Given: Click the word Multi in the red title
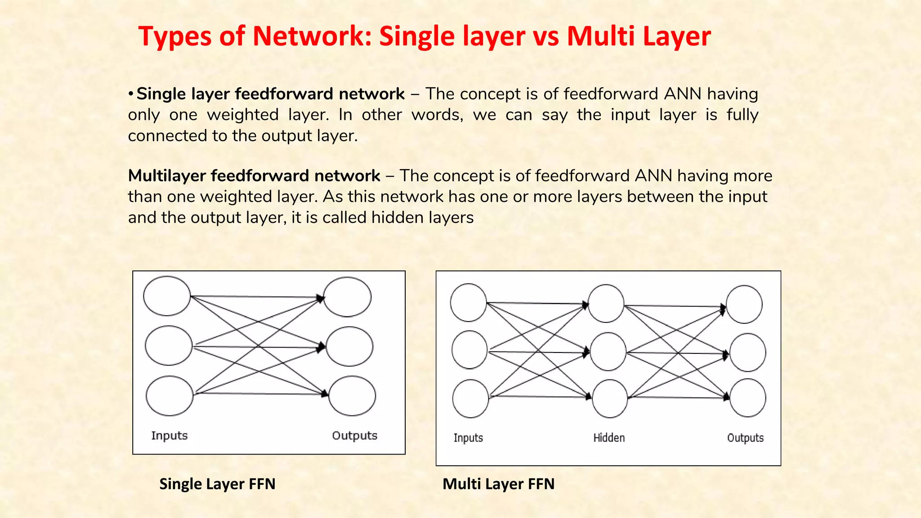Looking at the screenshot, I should (600, 36).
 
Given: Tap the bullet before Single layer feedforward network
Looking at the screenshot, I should (130, 94).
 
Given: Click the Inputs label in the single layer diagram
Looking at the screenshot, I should (169, 435).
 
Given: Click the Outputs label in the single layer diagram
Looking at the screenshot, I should (354, 435).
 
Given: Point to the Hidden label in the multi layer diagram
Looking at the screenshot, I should (609, 438).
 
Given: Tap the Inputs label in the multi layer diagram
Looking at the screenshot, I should (468, 438).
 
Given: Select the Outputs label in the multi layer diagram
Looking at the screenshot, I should (745, 438).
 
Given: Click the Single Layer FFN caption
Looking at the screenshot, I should (217, 484).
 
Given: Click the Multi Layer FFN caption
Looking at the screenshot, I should (498, 484).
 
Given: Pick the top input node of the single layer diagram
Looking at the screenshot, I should (167, 296).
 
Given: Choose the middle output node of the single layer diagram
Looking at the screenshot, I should (349, 346).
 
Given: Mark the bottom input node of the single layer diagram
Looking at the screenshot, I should (170, 396).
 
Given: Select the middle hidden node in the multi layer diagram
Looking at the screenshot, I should (608, 352).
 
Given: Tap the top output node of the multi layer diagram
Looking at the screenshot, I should (744, 304).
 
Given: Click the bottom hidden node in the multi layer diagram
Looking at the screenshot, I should (610, 398).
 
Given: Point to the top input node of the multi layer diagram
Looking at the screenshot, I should (468, 303).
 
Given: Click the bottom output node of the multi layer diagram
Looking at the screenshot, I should (747, 398).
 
